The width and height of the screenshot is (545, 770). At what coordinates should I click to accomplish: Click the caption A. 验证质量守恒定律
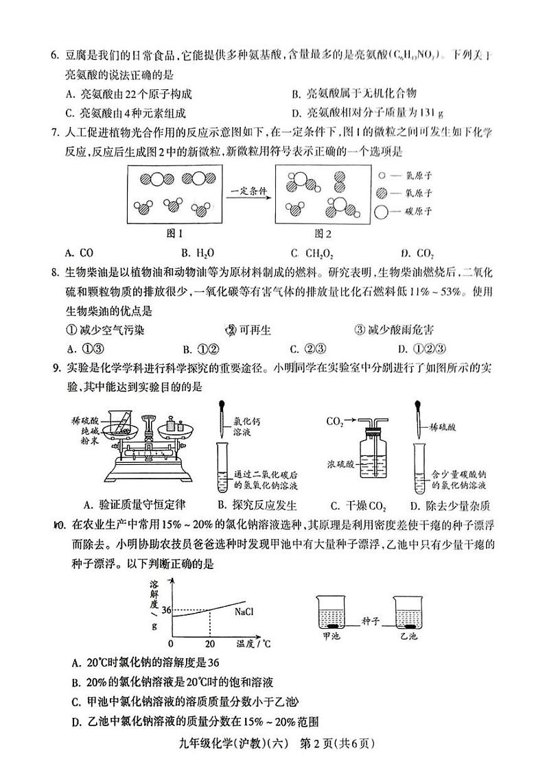pyautogui.click(x=133, y=505)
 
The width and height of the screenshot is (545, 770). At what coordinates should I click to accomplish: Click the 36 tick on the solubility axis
pyautogui.click(x=165, y=609)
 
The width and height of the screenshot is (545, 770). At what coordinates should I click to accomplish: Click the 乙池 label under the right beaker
pyautogui.click(x=408, y=635)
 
